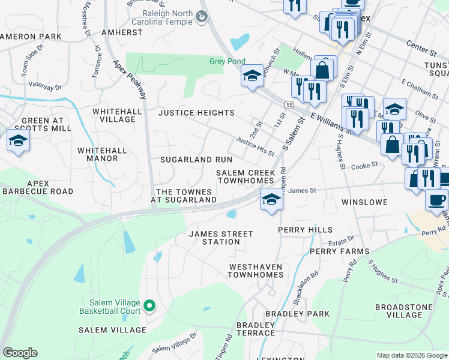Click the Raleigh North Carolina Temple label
click(x=167, y=18)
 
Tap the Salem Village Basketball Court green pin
click(x=150, y=307)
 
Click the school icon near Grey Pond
click(x=252, y=76)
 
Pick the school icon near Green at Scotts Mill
click(x=18, y=142)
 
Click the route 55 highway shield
click(x=289, y=105)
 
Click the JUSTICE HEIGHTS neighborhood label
click(x=196, y=113)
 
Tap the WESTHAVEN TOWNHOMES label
click(x=255, y=271)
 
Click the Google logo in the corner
click(x=20, y=353)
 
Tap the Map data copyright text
click(x=412, y=355)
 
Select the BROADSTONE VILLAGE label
click(x=399, y=311)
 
